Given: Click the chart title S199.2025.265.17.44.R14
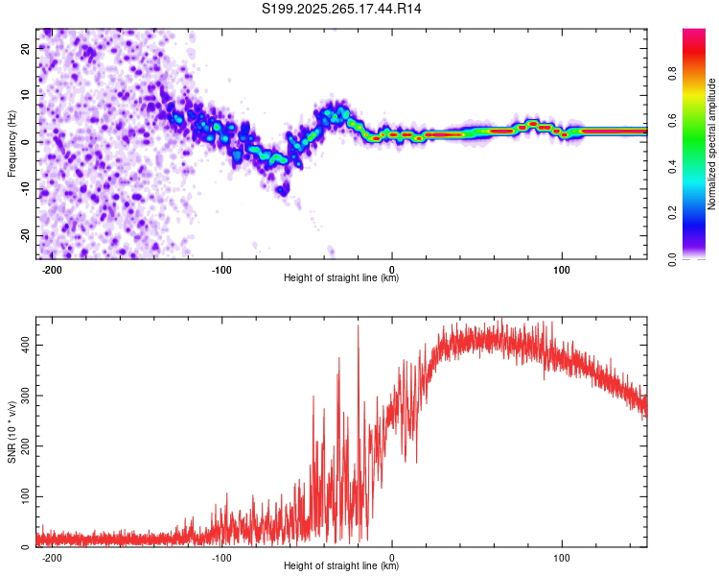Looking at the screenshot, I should [342, 10].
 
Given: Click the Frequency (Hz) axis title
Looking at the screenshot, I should [12, 144].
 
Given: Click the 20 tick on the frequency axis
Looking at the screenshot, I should [26, 48].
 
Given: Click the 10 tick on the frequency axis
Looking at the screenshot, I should [26, 95].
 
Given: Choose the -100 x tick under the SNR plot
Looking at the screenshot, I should [221, 557].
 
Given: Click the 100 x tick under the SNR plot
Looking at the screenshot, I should [562, 557].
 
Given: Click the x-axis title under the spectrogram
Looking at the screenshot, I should [341, 278].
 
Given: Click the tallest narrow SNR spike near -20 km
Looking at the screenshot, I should [359, 326].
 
